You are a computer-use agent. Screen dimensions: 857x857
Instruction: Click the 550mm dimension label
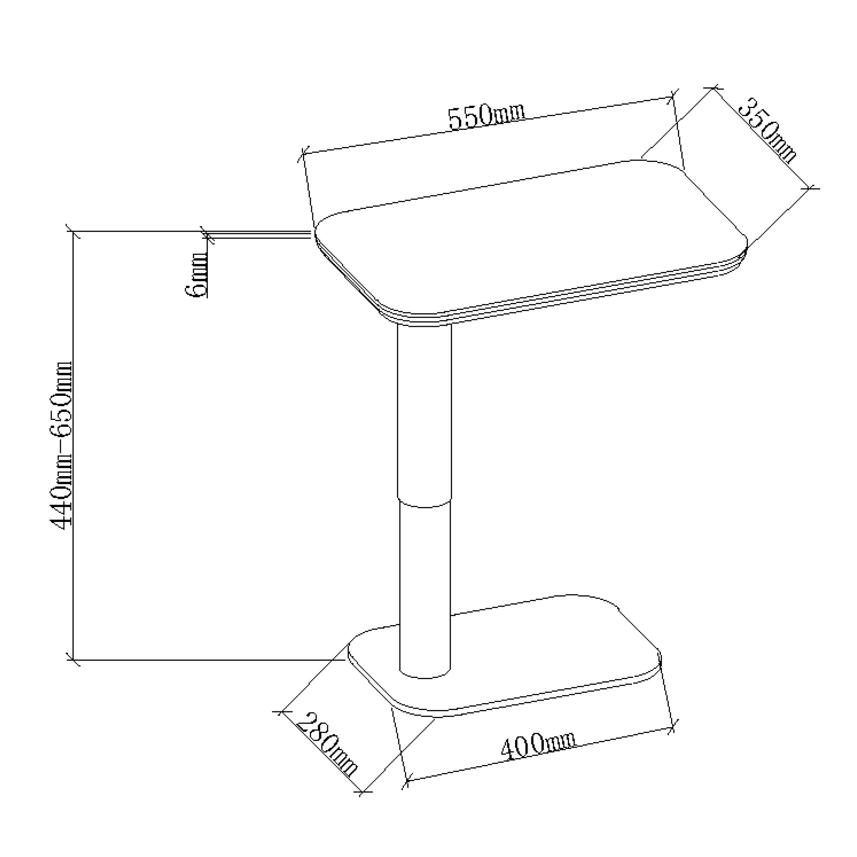click(486, 116)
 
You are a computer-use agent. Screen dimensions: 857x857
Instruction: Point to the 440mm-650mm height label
click(61, 445)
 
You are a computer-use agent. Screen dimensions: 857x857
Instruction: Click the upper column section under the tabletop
click(425, 413)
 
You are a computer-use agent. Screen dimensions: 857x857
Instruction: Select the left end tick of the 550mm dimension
click(303, 154)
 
